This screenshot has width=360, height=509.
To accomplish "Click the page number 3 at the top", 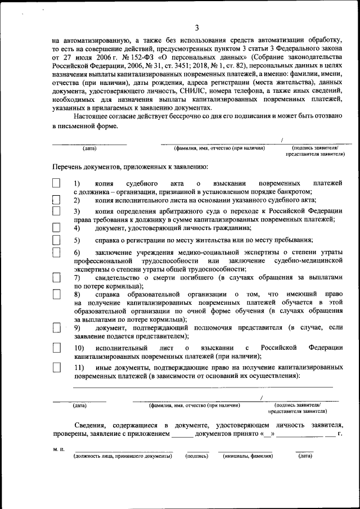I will [x=197, y=28].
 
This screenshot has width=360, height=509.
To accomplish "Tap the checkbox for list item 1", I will [x=56, y=183].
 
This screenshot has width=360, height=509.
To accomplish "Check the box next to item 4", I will [x=56, y=228].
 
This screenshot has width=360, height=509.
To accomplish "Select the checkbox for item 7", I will [x=56, y=277].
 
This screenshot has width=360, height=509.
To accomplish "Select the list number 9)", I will [x=77, y=327].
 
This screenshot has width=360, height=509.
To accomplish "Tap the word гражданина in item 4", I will [x=231, y=228].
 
